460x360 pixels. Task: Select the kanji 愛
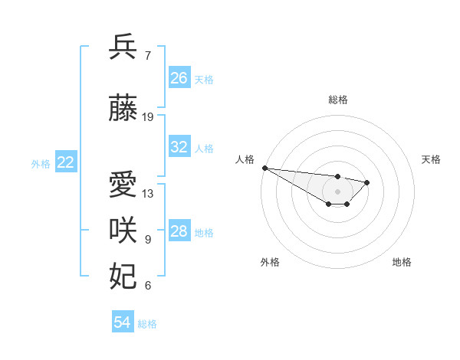[x=123, y=186]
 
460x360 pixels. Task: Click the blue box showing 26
[x=179, y=78]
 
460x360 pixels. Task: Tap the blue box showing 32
[x=179, y=147]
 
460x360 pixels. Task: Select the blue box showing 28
[x=179, y=231]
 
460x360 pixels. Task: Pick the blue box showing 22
[x=66, y=162]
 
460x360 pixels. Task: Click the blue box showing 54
[x=122, y=322]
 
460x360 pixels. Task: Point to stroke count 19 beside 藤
[x=148, y=117]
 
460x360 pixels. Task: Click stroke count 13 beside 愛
[x=148, y=194]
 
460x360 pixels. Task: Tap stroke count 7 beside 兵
[x=147, y=55]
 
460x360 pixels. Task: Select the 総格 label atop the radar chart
[x=337, y=100]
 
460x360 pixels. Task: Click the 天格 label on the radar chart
[x=431, y=159]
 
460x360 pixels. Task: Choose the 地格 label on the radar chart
[x=402, y=262]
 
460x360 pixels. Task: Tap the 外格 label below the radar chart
[x=270, y=262]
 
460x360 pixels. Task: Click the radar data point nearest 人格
[x=264, y=168]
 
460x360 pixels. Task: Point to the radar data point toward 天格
[x=367, y=182]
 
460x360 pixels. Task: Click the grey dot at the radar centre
[x=337, y=191]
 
